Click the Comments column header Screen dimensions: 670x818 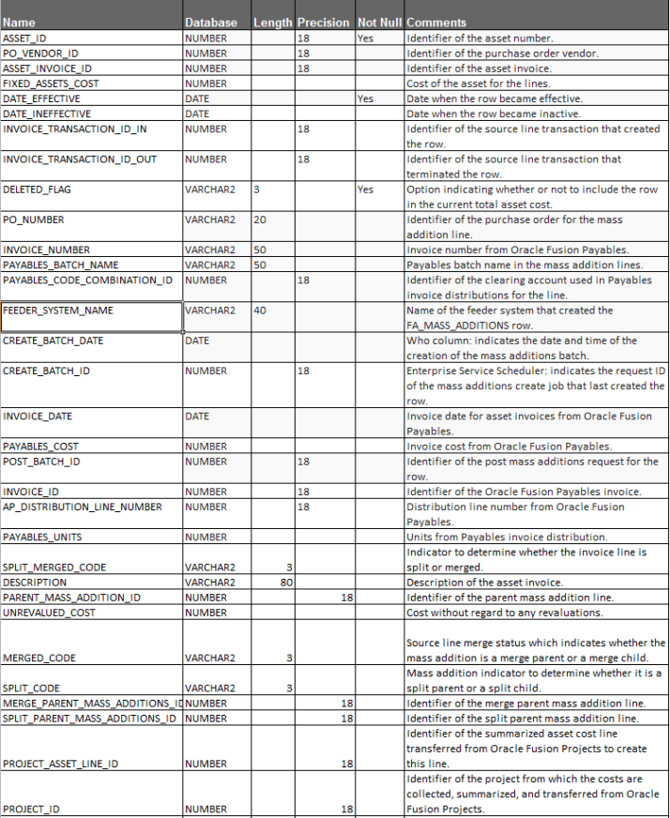tap(437, 23)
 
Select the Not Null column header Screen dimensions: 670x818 tap(379, 23)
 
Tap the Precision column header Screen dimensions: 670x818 tap(323, 23)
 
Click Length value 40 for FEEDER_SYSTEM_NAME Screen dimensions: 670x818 tap(260, 311)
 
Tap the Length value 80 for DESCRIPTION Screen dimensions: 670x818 tap(287, 583)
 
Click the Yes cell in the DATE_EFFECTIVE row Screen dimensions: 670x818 tap(365, 98)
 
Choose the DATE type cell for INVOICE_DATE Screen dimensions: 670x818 tap(197, 416)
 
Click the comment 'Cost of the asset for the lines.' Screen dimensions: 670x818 tap(479, 83)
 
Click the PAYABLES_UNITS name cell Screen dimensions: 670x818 tap(42, 537)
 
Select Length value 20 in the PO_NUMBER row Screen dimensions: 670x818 tap(260, 220)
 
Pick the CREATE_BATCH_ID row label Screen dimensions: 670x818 tap(47, 371)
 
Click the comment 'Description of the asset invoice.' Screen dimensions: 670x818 tap(481, 583)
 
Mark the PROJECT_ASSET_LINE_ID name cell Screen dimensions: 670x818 tap(61, 764)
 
